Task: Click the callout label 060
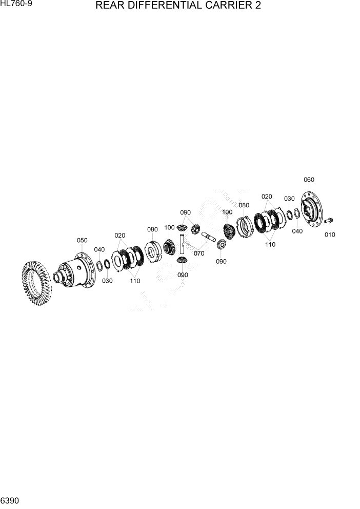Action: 309,180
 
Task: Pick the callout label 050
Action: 82,240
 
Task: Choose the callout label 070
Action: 198,253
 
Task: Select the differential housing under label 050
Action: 77,272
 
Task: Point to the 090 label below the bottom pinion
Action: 183,275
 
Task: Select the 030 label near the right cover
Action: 289,199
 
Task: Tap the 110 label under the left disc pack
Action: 135,281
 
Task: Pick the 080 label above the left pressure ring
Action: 152,229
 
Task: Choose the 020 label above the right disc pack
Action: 267,197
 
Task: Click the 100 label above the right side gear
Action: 227,212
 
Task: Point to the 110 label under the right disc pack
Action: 270,244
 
